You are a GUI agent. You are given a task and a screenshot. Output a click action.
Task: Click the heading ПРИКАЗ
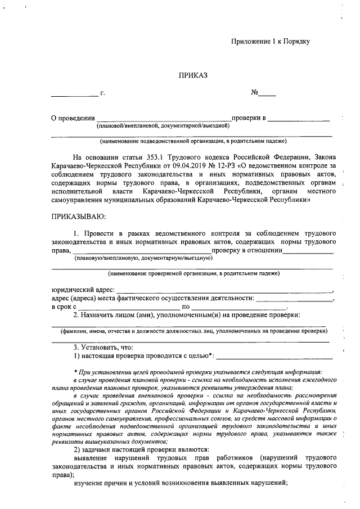pos(193,75)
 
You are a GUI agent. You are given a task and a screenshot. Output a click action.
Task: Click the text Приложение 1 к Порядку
pos(271,41)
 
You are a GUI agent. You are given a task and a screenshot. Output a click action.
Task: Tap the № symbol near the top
pos(255,92)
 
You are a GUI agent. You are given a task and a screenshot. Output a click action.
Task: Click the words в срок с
pos(63,307)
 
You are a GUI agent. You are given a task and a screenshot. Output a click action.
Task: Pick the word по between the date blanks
pos(186,307)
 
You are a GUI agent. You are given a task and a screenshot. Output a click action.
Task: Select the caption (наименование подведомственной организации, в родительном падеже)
pos(193,141)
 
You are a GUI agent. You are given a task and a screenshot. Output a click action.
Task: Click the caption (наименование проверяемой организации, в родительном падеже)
pos(193,273)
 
